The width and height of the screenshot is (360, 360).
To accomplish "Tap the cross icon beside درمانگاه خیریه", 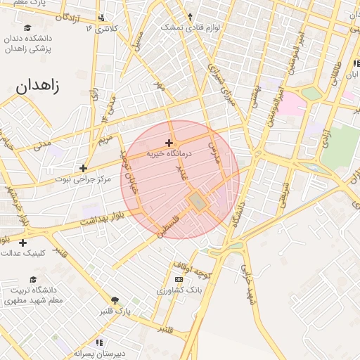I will point(169,143).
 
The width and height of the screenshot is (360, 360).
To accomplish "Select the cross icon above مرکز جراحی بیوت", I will point(84,168).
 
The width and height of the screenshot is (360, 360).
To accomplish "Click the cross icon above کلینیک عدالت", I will point(23,243).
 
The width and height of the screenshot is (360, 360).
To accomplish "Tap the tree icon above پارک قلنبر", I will point(115,300).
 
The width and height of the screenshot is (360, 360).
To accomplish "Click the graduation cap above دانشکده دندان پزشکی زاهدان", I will point(27,27).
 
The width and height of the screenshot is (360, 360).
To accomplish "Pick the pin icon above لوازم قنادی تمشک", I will point(190,16).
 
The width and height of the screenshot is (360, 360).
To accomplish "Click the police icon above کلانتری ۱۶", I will point(102,18).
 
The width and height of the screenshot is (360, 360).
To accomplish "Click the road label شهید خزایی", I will point(247,285).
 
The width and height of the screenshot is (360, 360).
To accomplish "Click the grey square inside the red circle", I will point(198,202).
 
